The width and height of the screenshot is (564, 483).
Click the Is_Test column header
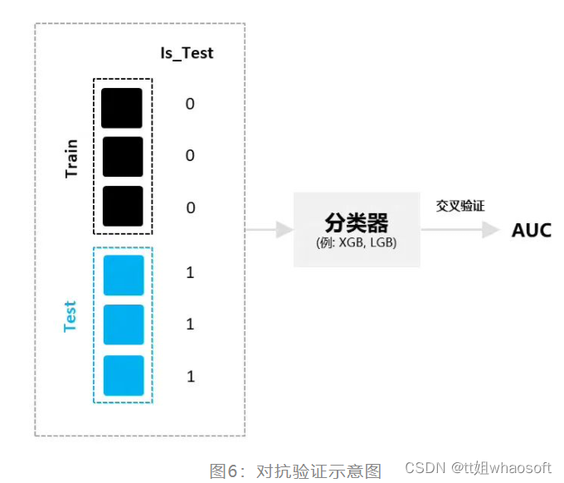point(187,53)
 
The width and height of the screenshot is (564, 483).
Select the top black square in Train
point(122,108)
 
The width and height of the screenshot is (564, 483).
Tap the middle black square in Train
point(122,157)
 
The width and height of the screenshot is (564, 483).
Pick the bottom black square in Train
point(122,206)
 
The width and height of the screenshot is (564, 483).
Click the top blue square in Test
point(124,275)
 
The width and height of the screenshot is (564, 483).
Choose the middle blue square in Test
point(124,324)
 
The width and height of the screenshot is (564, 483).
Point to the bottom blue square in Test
point(124,375)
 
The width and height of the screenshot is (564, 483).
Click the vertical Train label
point(71,158)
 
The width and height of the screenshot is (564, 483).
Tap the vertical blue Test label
point(70,316)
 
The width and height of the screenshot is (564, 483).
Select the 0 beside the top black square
point(190,105)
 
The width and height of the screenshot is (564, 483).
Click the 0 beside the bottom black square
point(190,207)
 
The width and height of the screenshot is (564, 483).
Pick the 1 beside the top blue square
point(190,273)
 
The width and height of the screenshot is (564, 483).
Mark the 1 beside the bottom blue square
point(190,377)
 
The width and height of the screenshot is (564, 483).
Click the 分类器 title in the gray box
point(357,222)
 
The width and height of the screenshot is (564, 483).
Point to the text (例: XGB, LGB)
point(357,242)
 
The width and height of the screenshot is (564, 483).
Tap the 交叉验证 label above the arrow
point(460,205)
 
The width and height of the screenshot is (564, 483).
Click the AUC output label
point(531,230)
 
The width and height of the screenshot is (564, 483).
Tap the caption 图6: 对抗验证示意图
point(295,471)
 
